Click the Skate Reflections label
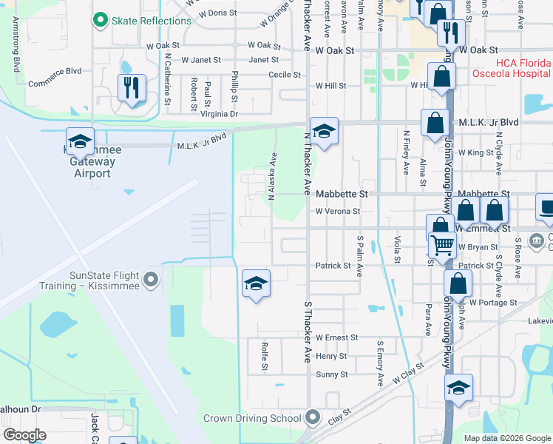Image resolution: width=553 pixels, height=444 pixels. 152,21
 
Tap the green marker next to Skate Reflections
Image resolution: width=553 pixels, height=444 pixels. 100,20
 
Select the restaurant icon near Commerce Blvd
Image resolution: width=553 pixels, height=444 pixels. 132,88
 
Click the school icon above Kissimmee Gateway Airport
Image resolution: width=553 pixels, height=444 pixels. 80,141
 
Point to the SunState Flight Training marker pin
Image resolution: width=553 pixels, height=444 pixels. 152,280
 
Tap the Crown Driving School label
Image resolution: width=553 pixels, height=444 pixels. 252,418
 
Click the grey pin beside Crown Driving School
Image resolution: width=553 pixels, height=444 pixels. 312,418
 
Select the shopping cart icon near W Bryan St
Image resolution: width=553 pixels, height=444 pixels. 442,245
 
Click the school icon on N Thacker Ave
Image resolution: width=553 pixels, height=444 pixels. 324,131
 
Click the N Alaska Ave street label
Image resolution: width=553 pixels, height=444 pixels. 272,176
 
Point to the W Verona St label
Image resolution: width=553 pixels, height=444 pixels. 337,211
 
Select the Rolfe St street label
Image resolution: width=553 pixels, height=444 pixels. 264,356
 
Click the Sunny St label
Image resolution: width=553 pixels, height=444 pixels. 332,374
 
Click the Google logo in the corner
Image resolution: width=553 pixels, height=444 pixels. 24,435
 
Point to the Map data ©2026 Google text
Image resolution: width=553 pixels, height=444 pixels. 506,438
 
